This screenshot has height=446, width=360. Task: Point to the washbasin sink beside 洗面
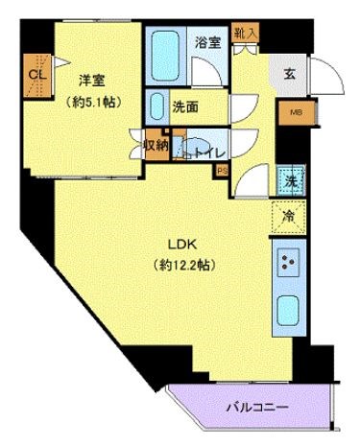tap(157, 106)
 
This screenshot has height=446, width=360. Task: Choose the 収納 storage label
tap(156, 146)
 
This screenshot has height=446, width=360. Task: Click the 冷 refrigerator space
tap(289, 216)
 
